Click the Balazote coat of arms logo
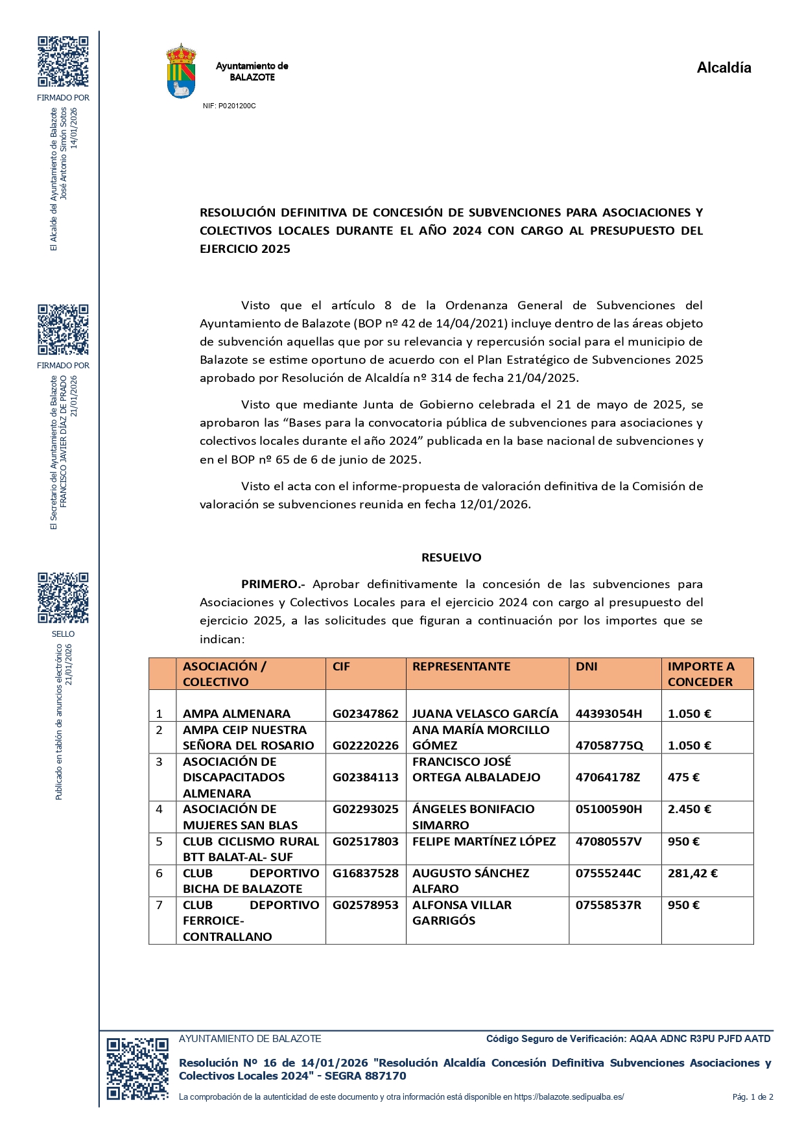point(182,71)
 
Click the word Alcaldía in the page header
point(724,68)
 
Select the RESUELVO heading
point(451,558)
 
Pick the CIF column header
point(341,667)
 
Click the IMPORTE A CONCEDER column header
point(700,674)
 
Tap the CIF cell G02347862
point(366,714)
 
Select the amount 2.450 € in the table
point(689,809)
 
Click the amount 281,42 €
point(692,873)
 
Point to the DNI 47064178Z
point(608,777)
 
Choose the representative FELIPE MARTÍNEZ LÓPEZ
point(484,842)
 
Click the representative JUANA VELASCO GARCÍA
point(485,714)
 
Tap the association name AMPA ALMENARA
point(237,714)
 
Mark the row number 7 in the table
point(160,905)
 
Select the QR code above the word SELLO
point(63,597)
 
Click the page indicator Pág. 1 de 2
point(752,1097)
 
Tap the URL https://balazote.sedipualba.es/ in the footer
point(569,1097)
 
